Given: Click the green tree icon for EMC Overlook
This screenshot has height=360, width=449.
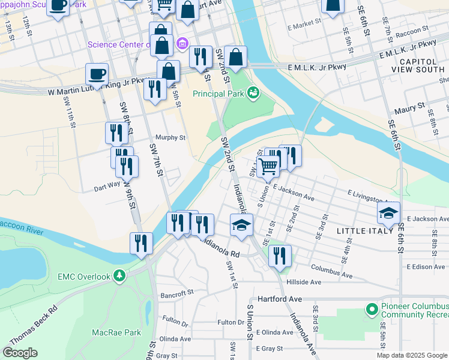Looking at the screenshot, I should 120,276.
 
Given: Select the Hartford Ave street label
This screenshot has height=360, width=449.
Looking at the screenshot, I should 278,299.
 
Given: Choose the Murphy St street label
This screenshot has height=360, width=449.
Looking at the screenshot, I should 170,137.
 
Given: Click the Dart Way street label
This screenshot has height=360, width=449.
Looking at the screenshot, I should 90,187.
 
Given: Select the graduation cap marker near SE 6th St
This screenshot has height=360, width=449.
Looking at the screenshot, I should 388,213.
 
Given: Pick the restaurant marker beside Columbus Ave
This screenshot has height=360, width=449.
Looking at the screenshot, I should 280,256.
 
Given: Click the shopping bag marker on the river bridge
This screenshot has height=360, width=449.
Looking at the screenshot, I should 237,58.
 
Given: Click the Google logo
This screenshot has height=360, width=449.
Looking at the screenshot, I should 20,353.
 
